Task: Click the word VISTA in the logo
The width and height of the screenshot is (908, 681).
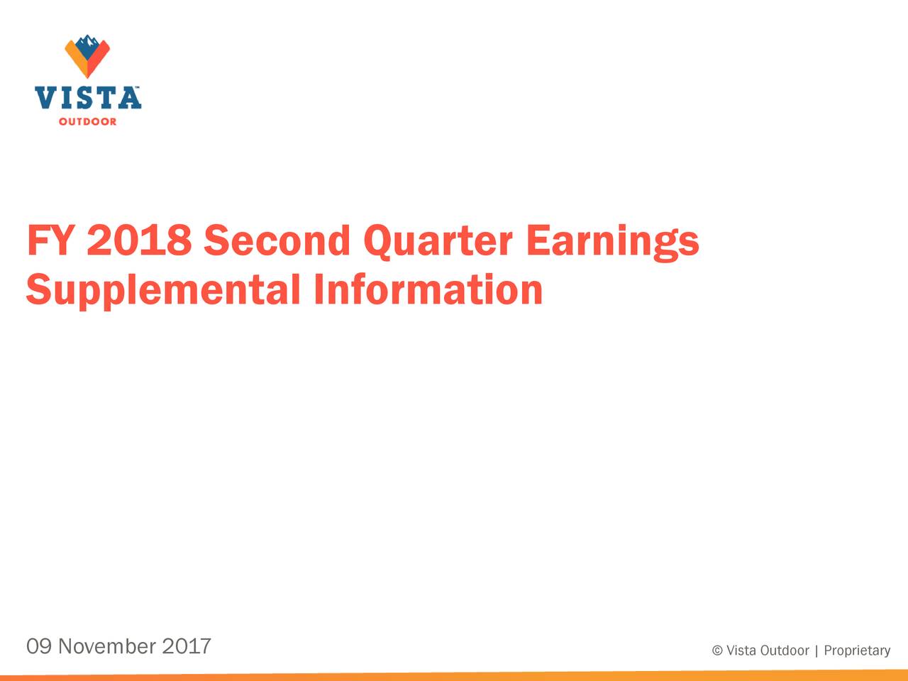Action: coord(87,98)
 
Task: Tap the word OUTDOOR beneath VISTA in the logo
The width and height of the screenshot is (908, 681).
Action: coord(87,122)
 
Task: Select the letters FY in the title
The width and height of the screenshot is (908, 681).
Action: coord(49,241)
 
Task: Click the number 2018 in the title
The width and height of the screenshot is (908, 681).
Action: coord(139,241)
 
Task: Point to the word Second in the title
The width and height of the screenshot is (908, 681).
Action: coord(277,241)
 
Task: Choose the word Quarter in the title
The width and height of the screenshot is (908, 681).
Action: coord(438,241)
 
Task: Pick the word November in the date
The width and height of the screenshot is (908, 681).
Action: coord(107,646)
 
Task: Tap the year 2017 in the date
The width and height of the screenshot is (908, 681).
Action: coord(187,646)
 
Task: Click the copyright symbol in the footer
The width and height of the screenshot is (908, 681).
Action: coord(717,651)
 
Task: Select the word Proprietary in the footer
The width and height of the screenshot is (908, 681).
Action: coord(857,651)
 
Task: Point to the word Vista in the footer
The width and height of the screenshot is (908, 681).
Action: coord(741,651)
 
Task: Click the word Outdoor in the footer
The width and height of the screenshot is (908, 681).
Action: coord(785,651)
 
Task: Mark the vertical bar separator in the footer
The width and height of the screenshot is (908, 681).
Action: coord(816,651)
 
